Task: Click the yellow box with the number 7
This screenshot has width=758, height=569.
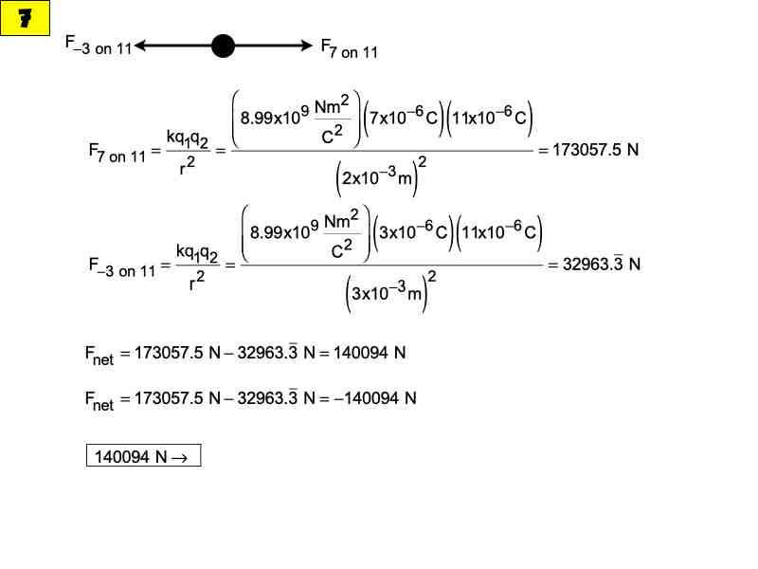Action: [x=25, y=18]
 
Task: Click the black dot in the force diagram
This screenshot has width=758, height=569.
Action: [x=223, y=46]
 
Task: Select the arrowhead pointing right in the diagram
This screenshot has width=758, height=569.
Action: [x=304, y=46]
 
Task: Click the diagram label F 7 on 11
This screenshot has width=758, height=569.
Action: [x=349, y=48]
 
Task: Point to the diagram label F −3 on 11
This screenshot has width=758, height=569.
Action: [x=99, y=46]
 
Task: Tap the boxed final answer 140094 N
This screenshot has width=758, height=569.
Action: [x=143, y=457]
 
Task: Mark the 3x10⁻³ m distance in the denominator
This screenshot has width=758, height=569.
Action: [x=388, y=294]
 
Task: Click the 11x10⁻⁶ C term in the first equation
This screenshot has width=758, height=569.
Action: [x=492, y=119]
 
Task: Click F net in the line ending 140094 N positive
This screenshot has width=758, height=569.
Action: [x=99, y=356]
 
